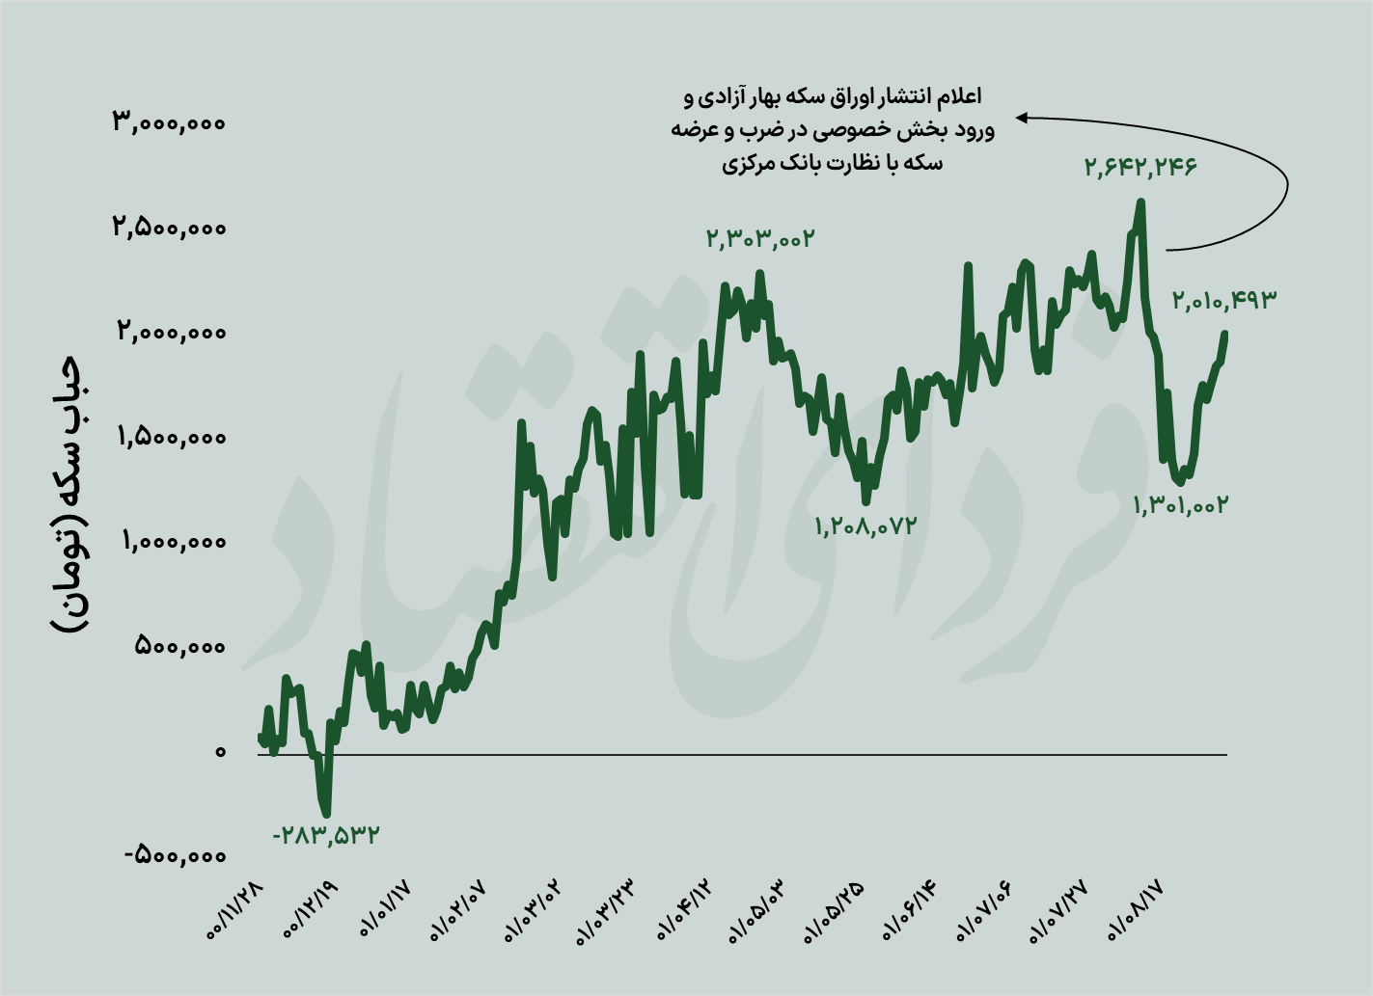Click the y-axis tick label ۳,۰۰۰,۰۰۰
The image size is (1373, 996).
[x=169, y=122]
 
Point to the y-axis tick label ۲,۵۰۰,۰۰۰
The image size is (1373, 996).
[x=169, y=228]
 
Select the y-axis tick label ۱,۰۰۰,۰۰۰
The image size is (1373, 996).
[x=174, y=541]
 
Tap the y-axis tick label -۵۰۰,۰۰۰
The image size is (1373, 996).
[x=175, y=855]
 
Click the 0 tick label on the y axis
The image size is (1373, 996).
[x=220, y=751]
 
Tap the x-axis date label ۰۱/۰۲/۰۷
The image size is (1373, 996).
[x=461, y=912]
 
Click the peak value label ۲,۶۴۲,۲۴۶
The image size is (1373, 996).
[x=1140, y=167]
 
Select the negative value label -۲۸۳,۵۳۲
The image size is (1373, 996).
[x=326, y=835]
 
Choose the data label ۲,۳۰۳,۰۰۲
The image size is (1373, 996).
[x=760, y=238]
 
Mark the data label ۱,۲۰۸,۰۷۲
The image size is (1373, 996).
[x=865, y=526]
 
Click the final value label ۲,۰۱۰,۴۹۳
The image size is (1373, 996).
[x=1223, y=300]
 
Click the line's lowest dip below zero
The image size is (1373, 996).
[x=326, y=813]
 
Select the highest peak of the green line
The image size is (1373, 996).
[x=1141, y=202]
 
